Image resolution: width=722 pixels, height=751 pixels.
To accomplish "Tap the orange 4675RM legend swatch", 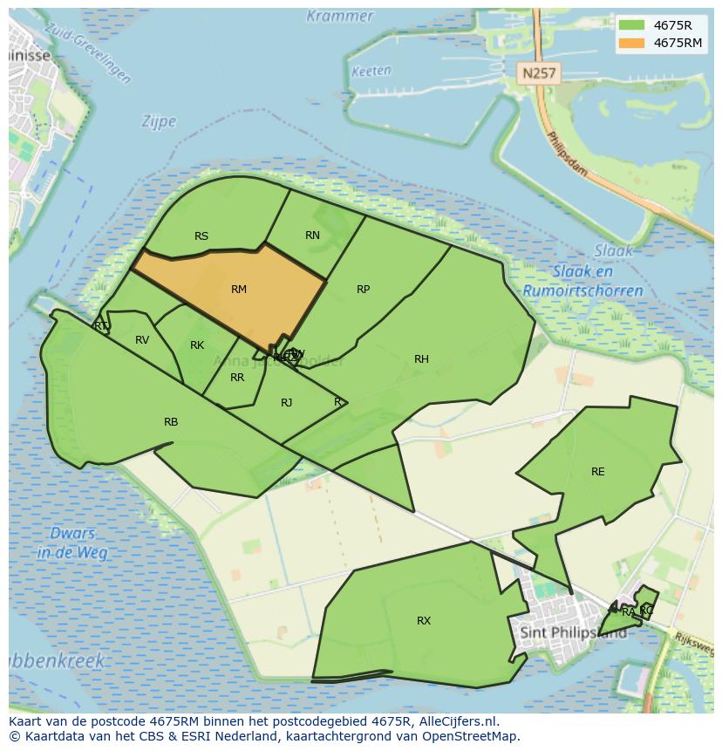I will pos(632,43).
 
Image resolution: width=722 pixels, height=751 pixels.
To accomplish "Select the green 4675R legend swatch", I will pos(632,25).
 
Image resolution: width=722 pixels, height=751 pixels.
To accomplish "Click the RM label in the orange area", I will pos(239,290).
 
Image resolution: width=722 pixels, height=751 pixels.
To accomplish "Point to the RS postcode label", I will pos(201,236).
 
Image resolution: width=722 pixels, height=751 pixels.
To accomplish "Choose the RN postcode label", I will pos(313,236).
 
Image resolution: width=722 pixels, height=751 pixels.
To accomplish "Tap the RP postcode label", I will pos(364,290).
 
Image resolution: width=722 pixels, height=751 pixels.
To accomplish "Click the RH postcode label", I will pos(422,359).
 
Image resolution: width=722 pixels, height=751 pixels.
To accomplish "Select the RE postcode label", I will pos(598,472).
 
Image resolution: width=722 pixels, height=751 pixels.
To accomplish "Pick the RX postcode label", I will pos(424,621).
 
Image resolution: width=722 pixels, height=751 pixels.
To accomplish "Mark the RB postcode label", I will pos(171,422).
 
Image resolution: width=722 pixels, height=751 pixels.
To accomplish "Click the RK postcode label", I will pos(197,345).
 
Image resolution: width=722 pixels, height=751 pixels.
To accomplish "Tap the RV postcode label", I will pos(142,340).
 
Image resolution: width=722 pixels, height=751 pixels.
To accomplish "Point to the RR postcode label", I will pos(237,378).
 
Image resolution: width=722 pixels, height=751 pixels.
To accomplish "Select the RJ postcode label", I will pos(287,402).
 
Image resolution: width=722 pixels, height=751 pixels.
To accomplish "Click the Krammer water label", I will pos(340,16).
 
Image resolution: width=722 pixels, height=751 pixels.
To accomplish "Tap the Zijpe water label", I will pos(159,122).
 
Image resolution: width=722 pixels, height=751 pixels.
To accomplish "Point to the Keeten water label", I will pos(371,72).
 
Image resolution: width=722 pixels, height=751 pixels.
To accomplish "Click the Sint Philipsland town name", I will pos(573,632).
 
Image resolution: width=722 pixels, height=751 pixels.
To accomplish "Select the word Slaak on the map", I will pos(614,251).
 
